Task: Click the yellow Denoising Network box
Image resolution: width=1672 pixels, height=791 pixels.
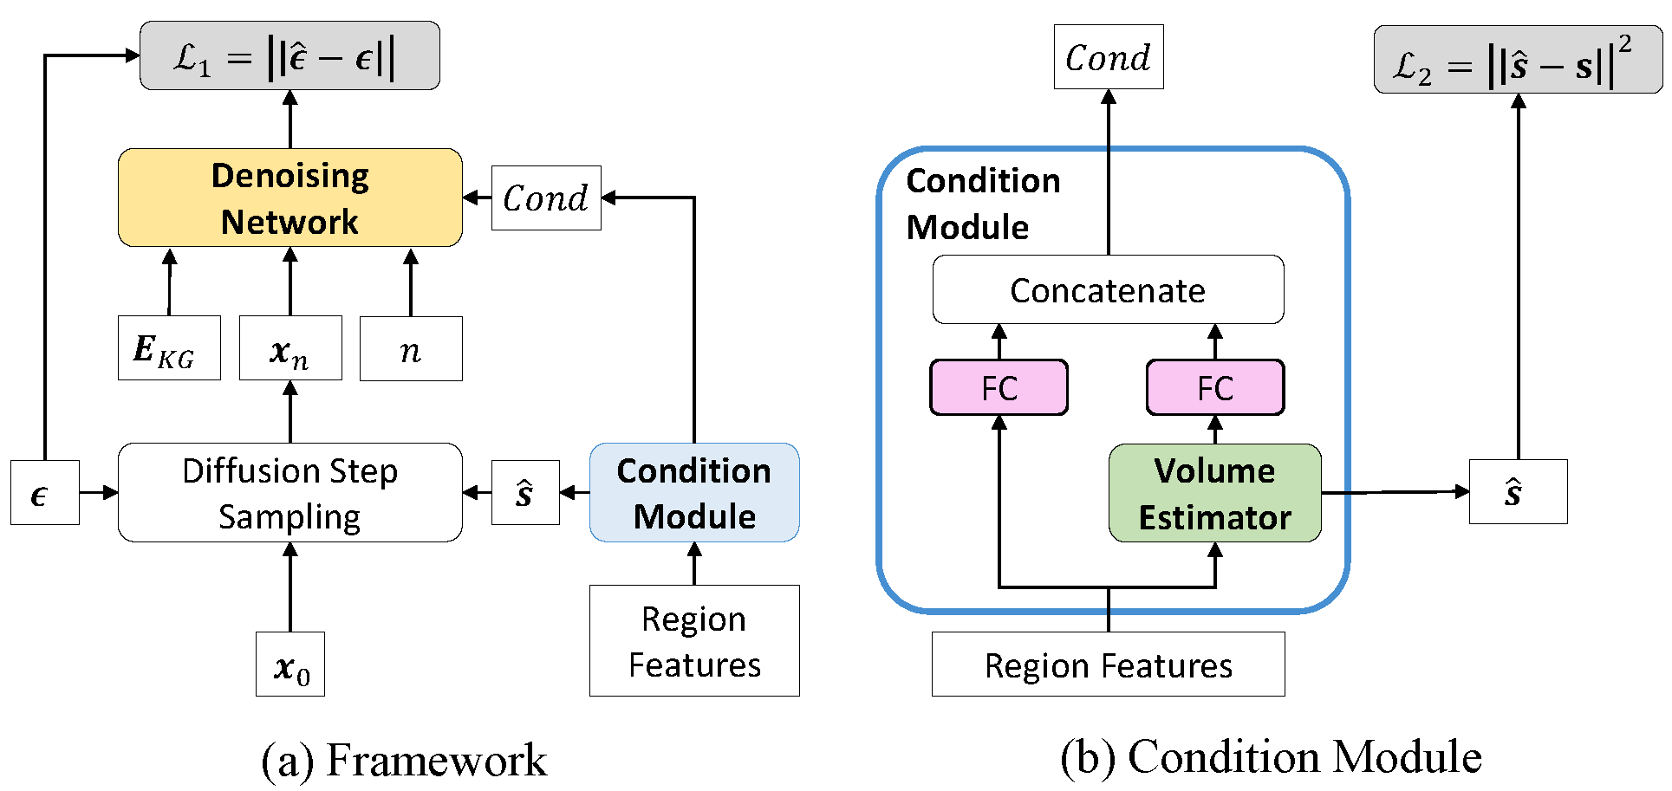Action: coord(290,198)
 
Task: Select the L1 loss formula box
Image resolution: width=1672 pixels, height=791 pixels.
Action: coord(290,56)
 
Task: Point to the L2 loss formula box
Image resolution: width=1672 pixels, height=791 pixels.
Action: coord(1518,60)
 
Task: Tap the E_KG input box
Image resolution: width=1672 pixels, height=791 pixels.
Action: coord(169,348)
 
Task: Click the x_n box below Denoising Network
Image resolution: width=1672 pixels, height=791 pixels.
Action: coord(290,348)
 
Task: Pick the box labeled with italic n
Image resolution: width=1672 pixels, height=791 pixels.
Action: coord(411,348)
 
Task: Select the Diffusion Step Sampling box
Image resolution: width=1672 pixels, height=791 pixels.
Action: coord(290,493)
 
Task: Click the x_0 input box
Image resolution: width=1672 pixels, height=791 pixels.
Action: coord(290,665)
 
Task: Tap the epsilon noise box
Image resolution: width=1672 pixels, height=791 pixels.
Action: coord(44,493)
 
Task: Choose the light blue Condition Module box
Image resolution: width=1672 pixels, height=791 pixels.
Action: coord(694,493)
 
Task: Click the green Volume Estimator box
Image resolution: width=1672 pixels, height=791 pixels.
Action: coord(1214,493)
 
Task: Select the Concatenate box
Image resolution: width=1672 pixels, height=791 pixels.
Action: coord(1108,289)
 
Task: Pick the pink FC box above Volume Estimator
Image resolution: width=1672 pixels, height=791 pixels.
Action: coord(1215,387)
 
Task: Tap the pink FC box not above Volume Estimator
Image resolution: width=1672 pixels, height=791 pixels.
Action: coord(999,387)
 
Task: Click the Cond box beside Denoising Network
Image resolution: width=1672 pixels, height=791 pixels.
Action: coord(546,198)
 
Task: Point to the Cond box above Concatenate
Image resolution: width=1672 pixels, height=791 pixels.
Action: coord(1108,57)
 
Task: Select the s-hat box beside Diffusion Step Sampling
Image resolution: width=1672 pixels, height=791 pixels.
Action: coord(525,493)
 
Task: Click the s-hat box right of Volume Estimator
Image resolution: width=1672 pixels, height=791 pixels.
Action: coord(1518,491)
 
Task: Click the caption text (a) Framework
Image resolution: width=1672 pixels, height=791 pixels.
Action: coord(404,761)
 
